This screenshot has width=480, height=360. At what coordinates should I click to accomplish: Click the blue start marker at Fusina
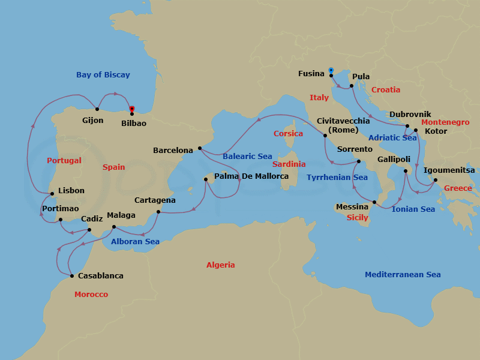pos(331,71)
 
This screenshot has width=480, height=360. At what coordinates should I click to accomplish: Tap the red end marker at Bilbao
pos(132,110)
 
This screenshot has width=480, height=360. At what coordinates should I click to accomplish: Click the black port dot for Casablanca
pos(72,276)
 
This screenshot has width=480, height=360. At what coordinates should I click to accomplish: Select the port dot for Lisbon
pos(53,194)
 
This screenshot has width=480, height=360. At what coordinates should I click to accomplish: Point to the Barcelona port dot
pos(199,148)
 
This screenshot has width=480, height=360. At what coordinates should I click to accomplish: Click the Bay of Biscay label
pos(103,75)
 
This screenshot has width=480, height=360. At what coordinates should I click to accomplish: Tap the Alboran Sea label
pos(135,242)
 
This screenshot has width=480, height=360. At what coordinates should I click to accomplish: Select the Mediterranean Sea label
pos(403,275)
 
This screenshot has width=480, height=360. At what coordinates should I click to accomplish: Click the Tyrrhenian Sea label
pos(337,178)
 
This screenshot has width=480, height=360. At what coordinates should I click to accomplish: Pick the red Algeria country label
pos(221,265)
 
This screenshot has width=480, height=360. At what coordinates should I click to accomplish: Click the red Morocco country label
pos(91,295)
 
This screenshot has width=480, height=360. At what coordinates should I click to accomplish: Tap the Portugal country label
pos(64,161)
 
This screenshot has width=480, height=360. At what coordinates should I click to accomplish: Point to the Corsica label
pos(288,133)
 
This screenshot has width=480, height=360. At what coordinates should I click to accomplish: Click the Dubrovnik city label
pos(410,114)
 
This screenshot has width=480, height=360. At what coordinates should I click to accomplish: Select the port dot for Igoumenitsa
pos(436,180)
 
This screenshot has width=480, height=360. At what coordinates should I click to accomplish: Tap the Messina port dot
pos(374,202)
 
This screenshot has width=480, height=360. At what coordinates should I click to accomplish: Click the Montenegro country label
pos(445,122)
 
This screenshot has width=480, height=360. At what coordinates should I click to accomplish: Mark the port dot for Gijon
pos(97,109)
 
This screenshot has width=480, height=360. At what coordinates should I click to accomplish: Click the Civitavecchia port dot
pos(325,136)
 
